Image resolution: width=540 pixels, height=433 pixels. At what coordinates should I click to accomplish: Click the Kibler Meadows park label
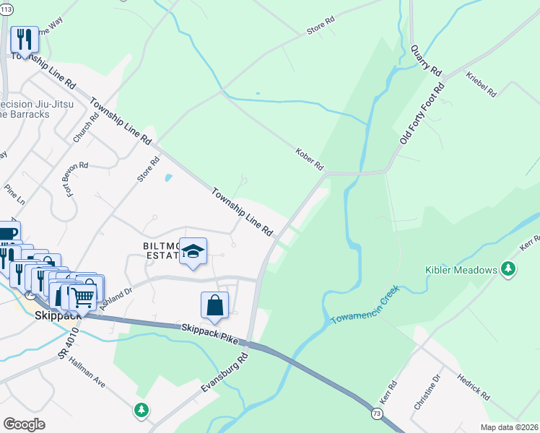click(460, 270)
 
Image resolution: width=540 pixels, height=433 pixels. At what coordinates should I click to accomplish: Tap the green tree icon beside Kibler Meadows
click(509, 270)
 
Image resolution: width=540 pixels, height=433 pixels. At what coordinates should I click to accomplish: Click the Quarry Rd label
click(425, 60)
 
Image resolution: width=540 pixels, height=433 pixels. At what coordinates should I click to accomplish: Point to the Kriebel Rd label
click(482, 84)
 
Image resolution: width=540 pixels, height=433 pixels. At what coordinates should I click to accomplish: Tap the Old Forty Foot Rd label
click(422, 112)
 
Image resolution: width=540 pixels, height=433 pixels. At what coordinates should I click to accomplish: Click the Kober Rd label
click(309, 159)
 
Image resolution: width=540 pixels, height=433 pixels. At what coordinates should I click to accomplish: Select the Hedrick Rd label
click(474, 387)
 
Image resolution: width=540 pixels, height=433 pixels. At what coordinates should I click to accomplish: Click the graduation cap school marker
click(193, 250)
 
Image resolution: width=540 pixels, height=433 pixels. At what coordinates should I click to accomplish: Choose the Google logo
click(24, 424)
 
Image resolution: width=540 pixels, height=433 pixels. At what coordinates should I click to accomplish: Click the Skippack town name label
click(56, 315)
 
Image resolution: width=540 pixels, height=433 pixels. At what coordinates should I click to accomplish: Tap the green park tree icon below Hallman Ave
click(141, 410)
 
